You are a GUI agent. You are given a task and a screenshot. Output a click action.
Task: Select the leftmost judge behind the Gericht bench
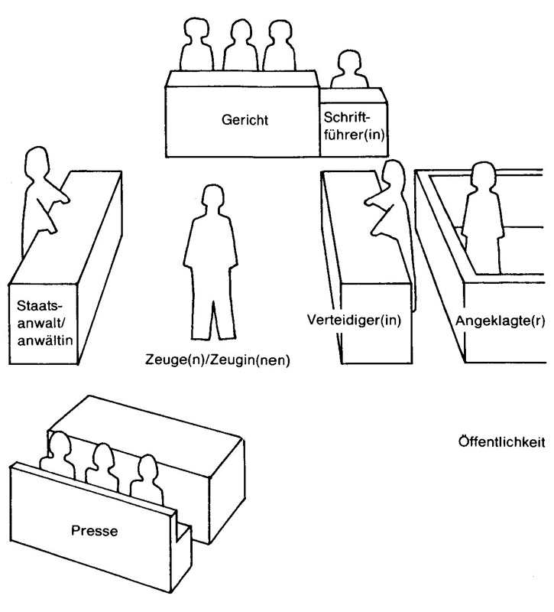click(193, 47)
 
